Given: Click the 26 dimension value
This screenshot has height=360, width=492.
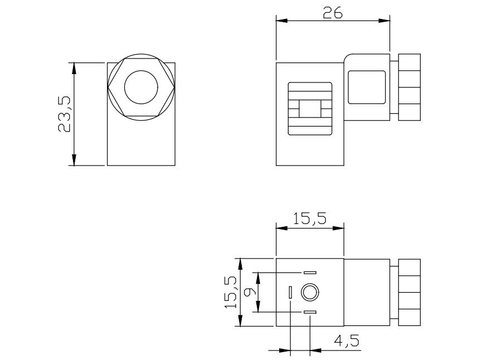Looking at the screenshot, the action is coord(333,13).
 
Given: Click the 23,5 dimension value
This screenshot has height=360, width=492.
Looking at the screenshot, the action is coord(64,114).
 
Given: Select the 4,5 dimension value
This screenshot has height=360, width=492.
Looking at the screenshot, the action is coord(346,340).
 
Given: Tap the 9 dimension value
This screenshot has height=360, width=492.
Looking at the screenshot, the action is coord(250,292).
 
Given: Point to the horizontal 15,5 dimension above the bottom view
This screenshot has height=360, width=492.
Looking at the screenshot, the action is coord(310,218).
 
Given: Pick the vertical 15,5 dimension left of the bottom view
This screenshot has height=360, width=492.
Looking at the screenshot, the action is coord(231,292).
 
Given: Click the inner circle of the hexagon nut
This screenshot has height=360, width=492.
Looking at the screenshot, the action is coord(141,87).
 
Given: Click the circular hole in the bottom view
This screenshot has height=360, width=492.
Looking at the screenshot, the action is coord(310,293).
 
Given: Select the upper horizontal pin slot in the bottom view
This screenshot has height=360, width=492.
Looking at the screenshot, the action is coord(310,273).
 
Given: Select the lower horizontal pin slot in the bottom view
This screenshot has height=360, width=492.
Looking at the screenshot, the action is coord(310,312).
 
